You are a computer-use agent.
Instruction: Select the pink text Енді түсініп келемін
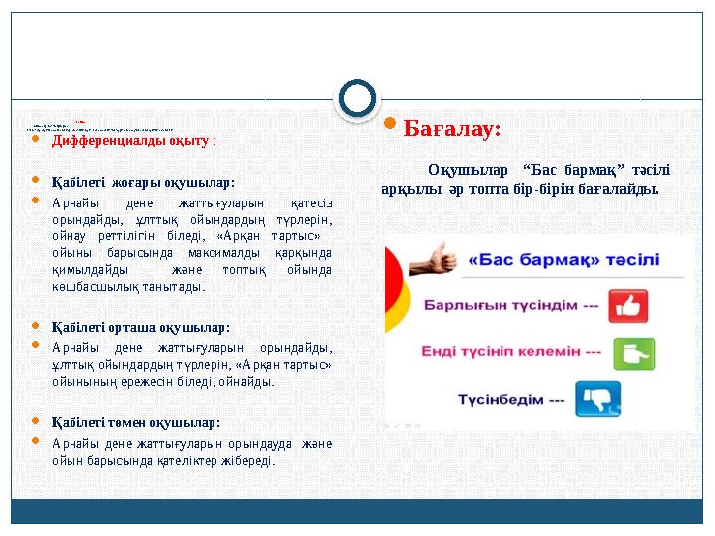pyautogui.click(x=510, y=351)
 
